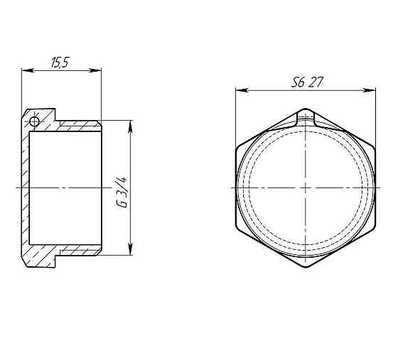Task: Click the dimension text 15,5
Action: click(60, 63)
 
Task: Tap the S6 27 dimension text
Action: click(307, 82)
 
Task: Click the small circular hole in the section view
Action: click(34, 122)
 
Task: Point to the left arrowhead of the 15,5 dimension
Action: click(26, 70)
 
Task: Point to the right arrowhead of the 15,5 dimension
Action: click(98, 70)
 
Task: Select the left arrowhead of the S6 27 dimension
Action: click(240, 90)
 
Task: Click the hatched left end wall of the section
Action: click(25, 187)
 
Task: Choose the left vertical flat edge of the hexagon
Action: click(236, 187)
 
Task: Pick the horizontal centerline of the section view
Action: click(64, 187)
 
